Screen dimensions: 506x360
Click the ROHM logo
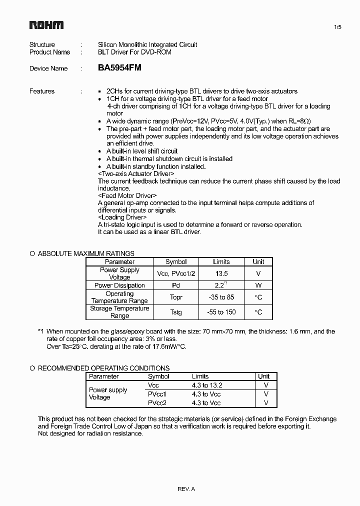[x=46, y=25]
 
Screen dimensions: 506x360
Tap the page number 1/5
[x=337, y=27]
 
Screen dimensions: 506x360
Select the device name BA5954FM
[x=119, y=68]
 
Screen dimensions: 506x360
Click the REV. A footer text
[x=186, y=489]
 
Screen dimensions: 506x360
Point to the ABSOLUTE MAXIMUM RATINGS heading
[x=86, y=253]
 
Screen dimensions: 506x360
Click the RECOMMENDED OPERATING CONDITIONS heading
[x=103, y=368]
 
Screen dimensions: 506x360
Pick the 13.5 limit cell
[x=221, y=273]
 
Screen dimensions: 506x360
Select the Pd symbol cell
[x=175, y=285]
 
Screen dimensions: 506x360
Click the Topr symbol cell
[x=175, y=297]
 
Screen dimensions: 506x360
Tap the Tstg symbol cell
[x=175, y=312]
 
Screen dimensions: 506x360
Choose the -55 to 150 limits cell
[x=221, y=312]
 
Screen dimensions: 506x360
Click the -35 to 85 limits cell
[x=221, y=297]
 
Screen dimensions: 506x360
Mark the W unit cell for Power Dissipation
[x=258, y=285]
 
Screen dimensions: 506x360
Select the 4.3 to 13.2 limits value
[x=206, y=385]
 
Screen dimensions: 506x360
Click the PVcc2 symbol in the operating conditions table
[x=157, y=402]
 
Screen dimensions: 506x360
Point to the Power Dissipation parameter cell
[x=119, y=285]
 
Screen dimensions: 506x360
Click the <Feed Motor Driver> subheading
[x=127, y=195]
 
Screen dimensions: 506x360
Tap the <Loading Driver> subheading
[x=122, y=217]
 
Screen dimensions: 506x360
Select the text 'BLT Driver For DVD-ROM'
[x=134, y=52]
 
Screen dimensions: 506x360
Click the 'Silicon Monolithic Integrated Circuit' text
[x=147, y=44]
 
